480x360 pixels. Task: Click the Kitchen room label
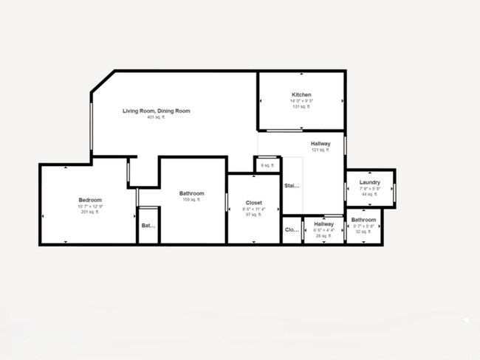[301, 95]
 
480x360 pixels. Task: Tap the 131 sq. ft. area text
[301, 107]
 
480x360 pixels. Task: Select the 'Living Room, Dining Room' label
[157, 111]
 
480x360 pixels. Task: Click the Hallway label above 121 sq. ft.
[320, 144]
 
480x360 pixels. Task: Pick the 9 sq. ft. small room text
[267, 165]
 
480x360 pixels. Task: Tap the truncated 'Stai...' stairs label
[292, 186]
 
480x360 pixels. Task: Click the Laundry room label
[370, 183]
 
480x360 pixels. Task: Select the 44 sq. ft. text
[370, 194]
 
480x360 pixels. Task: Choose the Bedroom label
[90, 200]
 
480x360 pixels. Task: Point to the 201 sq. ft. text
[90, 212]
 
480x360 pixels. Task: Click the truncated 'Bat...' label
[148, 226]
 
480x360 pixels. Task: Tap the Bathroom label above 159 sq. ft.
[192, 193]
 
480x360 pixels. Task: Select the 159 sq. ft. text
[192, 200]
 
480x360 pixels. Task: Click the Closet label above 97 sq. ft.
[253, 202]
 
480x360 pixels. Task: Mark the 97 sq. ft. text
[253, 215]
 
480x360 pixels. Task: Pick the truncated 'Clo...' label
[292, 229]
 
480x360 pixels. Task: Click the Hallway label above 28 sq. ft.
[323, 224]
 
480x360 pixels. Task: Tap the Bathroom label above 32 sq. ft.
[363, 220]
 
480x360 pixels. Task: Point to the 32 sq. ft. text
[363, 232]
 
